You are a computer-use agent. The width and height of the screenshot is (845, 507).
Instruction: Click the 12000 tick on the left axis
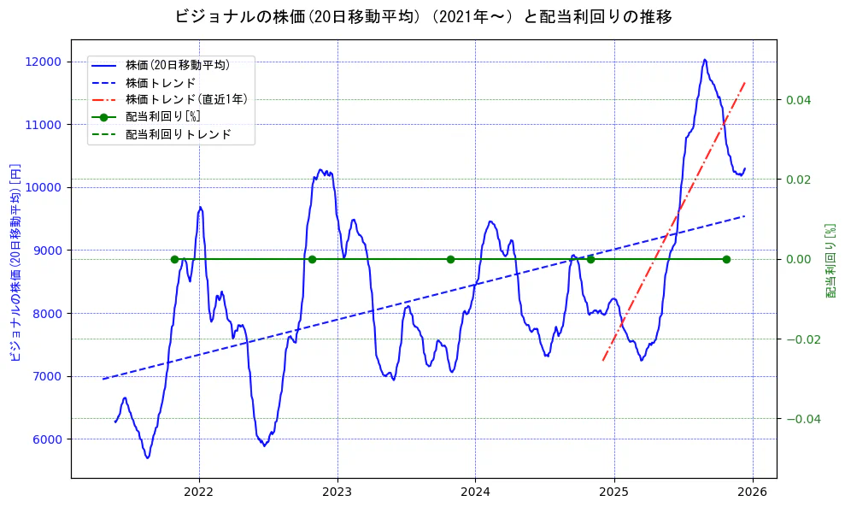[x=43, y=62]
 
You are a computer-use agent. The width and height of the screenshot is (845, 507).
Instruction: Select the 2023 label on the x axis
[x=337, y=492]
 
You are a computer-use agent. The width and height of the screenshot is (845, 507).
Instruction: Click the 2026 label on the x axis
[x=753, y=492]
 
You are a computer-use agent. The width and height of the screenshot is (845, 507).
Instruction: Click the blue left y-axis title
[x=15, y=262]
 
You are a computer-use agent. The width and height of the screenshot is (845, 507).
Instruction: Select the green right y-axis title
[x=830, y=262]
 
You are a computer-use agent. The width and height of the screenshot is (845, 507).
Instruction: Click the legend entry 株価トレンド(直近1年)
[x=186, y=99]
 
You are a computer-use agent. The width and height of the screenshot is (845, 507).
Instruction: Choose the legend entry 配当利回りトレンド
[x=178, y=134]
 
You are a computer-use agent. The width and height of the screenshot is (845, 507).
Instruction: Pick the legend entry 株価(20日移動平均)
[x=177, y=64]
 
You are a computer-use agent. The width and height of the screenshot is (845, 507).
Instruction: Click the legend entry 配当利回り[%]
[x=162, y=117]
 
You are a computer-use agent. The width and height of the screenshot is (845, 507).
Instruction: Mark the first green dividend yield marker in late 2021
[x=174, y=259]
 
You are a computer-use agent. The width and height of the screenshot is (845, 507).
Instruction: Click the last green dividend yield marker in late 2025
[x=726, y=259]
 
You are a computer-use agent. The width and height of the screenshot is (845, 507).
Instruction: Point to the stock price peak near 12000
[x=705, y=60]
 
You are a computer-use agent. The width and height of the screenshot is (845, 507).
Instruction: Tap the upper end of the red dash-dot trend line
[x=745, y=82]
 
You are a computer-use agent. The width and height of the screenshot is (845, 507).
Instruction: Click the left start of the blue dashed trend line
[x=103, y=379]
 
